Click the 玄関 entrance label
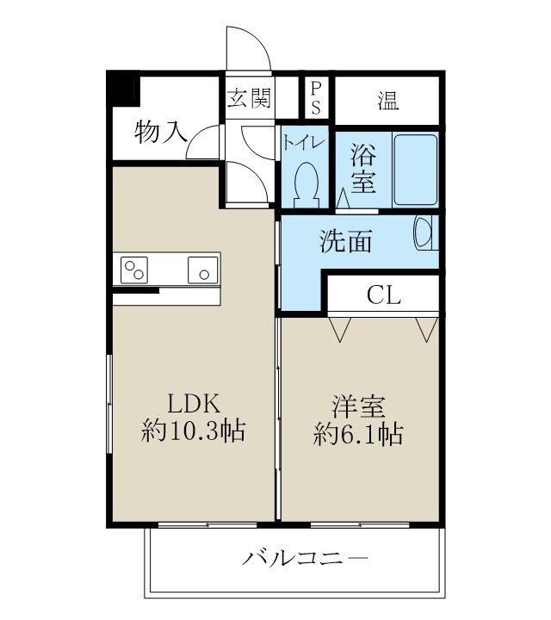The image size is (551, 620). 248,97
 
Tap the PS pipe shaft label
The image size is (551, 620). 316,97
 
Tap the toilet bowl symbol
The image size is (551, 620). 306,182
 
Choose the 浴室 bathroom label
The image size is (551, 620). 362,170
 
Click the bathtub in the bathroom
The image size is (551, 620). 416,170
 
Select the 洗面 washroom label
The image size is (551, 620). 346,242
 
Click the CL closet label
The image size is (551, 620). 384,294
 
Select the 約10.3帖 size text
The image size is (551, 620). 194,431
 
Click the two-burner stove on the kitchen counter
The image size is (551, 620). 135,270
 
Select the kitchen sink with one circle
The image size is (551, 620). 204,270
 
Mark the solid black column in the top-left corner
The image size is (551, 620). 123,90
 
